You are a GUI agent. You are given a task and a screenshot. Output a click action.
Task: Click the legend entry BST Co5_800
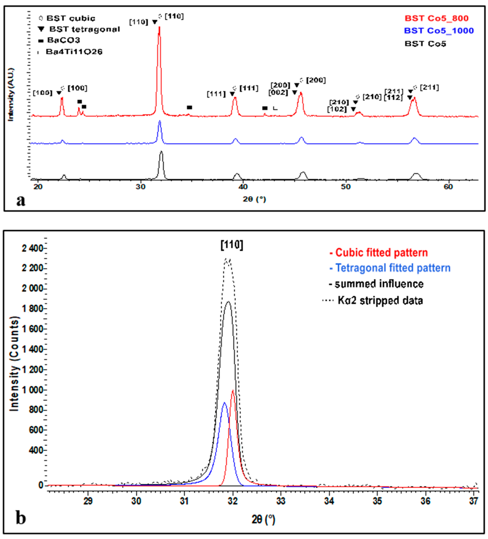tap(436, 18)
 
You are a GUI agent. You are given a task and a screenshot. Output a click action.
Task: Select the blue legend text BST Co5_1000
tap(439, 31)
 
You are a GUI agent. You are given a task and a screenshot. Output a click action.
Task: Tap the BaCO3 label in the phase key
tap(63, 40)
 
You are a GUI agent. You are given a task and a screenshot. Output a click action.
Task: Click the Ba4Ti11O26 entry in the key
tap(74, 52)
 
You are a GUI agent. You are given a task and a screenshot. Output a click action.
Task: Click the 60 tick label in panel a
tap(448, 187)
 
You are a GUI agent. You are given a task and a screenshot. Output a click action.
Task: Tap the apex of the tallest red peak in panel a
tap(159, 27)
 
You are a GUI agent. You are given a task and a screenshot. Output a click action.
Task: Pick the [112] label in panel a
tap(393, 98)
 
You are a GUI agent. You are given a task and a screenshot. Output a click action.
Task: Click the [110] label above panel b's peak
tap(232, 245)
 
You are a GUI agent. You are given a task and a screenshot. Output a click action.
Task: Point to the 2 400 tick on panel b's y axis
tap(33, 249)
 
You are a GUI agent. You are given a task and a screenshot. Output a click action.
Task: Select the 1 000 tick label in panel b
tap(33, 390)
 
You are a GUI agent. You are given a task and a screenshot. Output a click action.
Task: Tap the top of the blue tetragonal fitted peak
tap(224, 403)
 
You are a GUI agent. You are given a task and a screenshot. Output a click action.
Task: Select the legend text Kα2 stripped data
tap(380, 301)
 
